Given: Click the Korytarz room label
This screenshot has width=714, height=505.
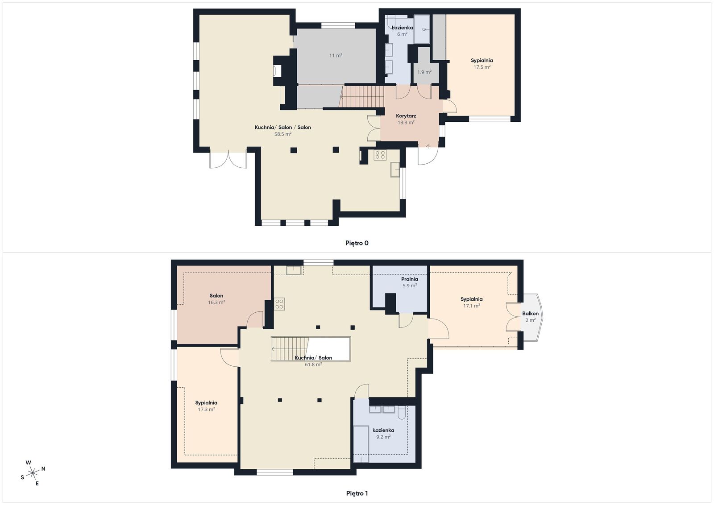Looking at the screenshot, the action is (406, 116).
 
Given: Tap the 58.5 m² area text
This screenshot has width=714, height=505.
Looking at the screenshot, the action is (283, 134).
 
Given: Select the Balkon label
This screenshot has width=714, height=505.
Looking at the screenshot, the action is (531, 314).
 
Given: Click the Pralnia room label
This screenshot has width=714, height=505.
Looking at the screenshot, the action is (410, 279).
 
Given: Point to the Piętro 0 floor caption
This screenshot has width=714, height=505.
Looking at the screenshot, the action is (357, 243).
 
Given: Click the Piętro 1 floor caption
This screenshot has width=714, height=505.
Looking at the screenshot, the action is (357, 493).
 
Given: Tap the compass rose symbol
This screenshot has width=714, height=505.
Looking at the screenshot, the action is (33, 473).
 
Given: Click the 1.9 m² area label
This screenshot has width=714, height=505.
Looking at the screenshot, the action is (424, 72).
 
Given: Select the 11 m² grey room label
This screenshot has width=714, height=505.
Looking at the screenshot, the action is (336, 55).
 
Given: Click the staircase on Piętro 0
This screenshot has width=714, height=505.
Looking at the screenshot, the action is (361, 97).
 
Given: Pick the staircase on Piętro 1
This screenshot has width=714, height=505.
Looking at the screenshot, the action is (290, 349).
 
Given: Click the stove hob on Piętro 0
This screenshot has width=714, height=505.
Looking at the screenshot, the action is (380, 155).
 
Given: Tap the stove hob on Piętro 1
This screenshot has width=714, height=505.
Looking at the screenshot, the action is (279, 304).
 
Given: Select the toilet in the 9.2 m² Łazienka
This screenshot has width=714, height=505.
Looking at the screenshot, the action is (402, 413).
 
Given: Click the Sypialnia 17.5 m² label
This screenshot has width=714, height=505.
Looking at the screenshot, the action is (482, 64).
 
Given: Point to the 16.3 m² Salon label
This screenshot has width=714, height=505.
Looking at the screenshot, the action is (216, 299).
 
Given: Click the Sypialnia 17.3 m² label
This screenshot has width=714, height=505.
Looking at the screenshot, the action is (206, 406).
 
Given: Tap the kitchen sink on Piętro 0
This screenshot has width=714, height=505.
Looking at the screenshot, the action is (395, 170).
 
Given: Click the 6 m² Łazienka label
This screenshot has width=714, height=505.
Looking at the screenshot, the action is (402, 31).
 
